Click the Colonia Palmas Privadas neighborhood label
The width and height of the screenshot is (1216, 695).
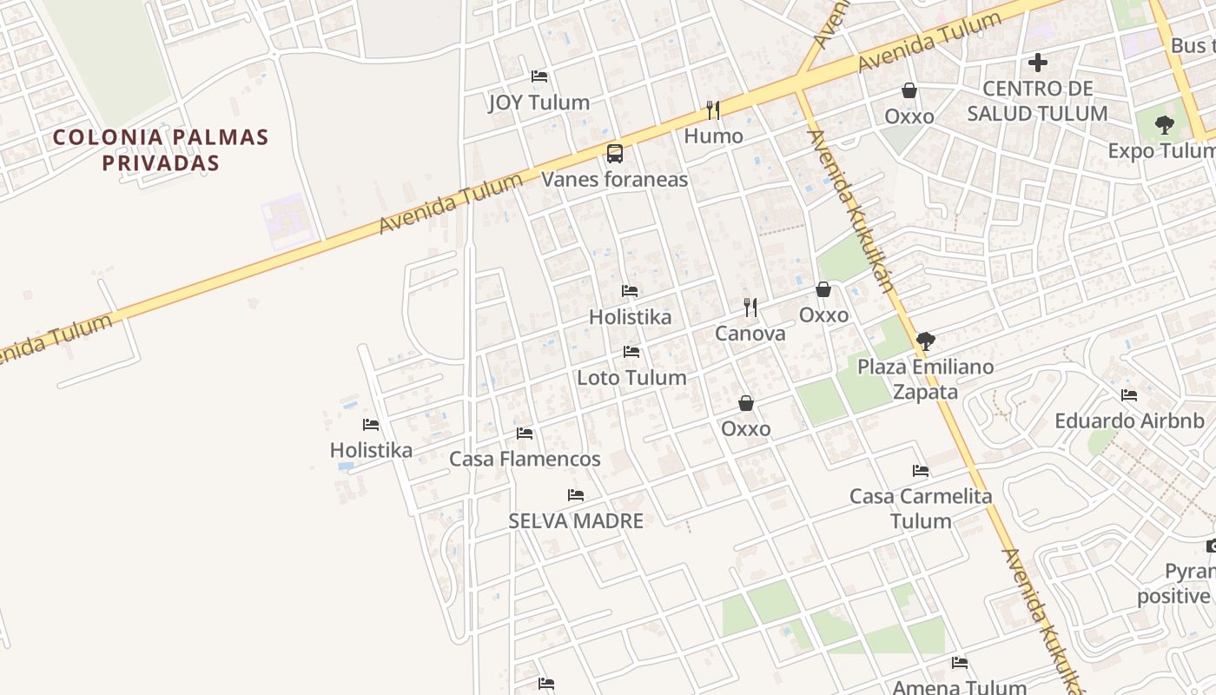[161, 149]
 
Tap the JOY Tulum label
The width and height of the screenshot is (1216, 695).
[539, 103]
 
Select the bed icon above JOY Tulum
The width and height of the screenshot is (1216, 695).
[539, 76]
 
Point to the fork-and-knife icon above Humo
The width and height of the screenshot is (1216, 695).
[713, 110]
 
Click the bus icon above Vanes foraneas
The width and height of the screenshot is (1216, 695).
[615, 154]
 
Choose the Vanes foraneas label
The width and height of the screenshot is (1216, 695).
[615, 180]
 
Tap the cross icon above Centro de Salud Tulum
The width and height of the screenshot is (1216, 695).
[1037, 63]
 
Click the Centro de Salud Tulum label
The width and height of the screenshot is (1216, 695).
[1037, 101]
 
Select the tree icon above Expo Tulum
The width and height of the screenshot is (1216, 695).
[1165, 125]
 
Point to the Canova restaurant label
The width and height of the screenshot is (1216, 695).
[750, 334]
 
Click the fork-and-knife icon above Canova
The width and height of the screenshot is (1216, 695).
[750, 308]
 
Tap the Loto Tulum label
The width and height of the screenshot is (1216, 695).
[631, 378]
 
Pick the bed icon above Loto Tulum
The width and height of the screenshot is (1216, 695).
[631, 352]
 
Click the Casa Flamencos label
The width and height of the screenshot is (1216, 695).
[525, 459]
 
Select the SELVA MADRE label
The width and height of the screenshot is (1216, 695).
[576, 521]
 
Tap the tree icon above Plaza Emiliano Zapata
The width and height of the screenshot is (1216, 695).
[926, 341]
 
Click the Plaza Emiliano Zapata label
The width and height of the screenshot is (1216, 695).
[926, 379]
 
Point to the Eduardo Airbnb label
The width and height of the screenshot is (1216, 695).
[1129, 421]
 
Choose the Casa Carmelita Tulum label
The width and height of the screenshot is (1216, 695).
[921, 508]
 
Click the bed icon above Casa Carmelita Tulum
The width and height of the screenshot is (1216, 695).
[921, 471]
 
